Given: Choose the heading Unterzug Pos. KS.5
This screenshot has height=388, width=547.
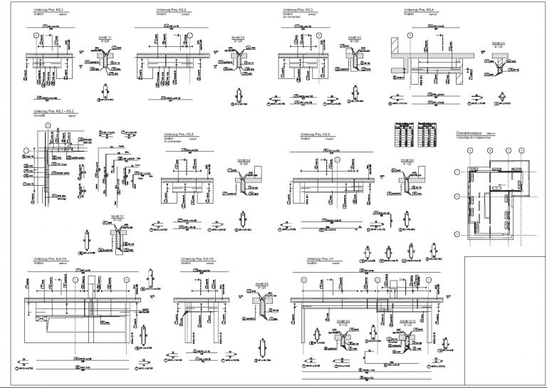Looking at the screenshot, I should tap(178, 133).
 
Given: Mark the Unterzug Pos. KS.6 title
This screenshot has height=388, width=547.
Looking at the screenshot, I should tap(315, 133).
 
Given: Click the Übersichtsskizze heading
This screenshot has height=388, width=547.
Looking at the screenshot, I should tap(471, 133).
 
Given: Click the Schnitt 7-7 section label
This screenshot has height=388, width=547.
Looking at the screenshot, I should tap(118, 216).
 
